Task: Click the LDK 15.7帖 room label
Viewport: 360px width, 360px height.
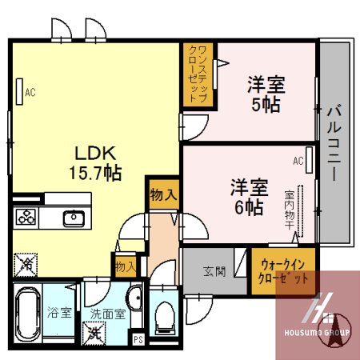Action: click(98, 162)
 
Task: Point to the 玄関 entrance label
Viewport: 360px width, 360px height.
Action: click(214, 270)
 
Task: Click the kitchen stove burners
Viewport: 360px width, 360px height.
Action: click(26, 218)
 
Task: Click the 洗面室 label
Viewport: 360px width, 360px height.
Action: click(106, 314)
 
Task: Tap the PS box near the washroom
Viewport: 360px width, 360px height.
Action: click(138, 338)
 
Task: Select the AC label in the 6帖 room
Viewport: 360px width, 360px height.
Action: click(298, 162)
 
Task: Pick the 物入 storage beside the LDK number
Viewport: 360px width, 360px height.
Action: click(163, 194)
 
